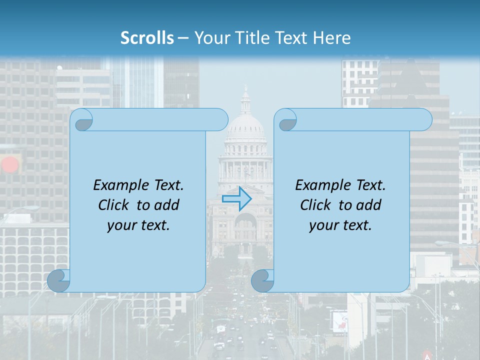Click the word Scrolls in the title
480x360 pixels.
(147, 38)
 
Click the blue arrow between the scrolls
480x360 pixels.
(236, 198)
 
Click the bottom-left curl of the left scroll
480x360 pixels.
(59, 281)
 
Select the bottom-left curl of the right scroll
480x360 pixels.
(262, 281)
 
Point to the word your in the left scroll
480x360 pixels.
(120, 225)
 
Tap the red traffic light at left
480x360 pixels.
(9, 164)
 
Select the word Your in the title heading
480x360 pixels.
(210, 38)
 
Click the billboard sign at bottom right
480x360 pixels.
(339, 320)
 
